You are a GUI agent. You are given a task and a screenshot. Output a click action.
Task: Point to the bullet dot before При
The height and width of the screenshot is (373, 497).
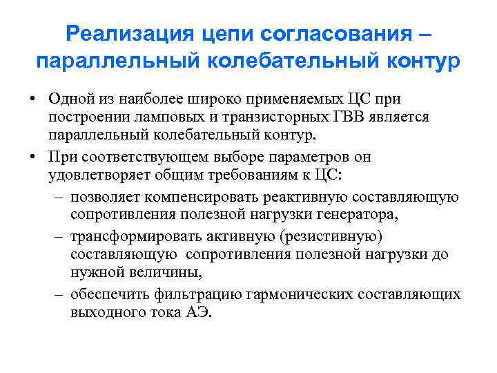[x=32, y=157]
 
